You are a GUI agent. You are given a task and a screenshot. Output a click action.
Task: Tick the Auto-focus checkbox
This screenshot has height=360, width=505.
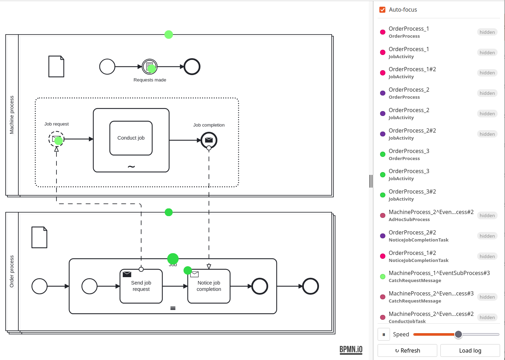pos(382,10)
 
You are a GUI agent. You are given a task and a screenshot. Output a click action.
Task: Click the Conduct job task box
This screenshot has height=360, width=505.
pos(131,138)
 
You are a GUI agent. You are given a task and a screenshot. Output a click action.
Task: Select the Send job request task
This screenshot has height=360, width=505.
pos(141,286)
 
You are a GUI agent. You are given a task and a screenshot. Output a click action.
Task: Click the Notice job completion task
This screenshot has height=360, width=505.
pos(209,286)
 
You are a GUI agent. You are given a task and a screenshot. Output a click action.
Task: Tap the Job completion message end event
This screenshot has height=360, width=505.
pos(209,140)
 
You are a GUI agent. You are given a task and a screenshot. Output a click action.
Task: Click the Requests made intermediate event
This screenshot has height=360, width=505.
pos(150,67)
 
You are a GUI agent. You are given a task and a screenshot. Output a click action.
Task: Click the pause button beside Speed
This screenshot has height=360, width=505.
pos(384,334)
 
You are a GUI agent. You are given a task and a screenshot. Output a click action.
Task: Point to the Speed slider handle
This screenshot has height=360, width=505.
pos(458,334)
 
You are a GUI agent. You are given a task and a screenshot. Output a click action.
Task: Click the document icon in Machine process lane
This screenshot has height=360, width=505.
pos(56,66)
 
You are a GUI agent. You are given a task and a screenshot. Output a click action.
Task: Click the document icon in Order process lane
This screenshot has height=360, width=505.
pos(40,237)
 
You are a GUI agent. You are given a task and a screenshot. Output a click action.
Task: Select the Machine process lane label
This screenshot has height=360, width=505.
pos(12,115)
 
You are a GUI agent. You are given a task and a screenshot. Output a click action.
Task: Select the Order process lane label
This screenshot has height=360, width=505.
pos(12,271)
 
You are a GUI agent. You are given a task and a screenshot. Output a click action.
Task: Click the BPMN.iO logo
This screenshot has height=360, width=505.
pos(351,350)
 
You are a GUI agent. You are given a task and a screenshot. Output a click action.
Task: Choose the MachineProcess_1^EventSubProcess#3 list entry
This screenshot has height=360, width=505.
pos(439,276)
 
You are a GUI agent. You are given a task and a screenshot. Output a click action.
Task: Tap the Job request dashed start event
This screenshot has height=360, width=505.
pos(56,139)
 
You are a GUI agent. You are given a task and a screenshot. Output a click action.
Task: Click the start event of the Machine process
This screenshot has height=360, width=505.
pos(107,67)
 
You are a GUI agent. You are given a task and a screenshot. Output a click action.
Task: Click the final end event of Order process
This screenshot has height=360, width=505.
pos(311,286)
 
